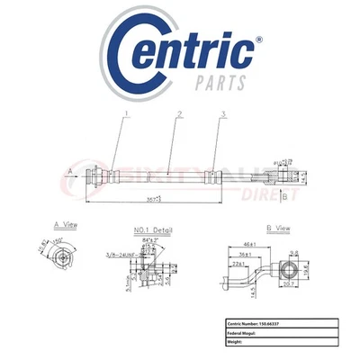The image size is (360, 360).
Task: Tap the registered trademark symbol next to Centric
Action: click(x=259, y=40)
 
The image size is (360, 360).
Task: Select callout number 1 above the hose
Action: click(x=127, y=115)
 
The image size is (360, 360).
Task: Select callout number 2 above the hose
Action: click(x=180, y=115)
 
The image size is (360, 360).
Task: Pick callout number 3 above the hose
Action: click(x=222, y=115)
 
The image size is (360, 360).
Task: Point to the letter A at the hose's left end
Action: click(x=71, y=169)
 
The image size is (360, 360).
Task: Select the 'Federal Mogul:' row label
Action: click(x=247, y=332)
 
